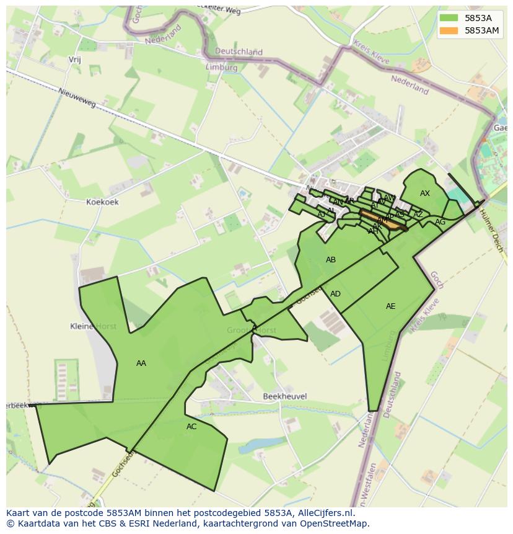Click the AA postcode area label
[x=141, y=363]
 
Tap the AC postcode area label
[x=191, y=427]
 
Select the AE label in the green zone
[x=390, y=306]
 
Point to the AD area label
[x=335, y=294]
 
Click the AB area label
[x=331, y=260]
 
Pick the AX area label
[x=425, y=194]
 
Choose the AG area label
[x=440, y=222]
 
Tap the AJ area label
[x=322, y=215]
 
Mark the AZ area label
[x=418, y=215]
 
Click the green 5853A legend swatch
[x=448, y=18]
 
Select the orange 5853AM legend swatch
[x=448, y=30]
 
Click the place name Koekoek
[x=102, y=202]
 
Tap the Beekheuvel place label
[x=285, y=396]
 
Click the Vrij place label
[x=75, y=60]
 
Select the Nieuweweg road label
[x=77, y=98]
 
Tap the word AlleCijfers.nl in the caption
[x=324, y=513]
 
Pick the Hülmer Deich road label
[x=493, y=229]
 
